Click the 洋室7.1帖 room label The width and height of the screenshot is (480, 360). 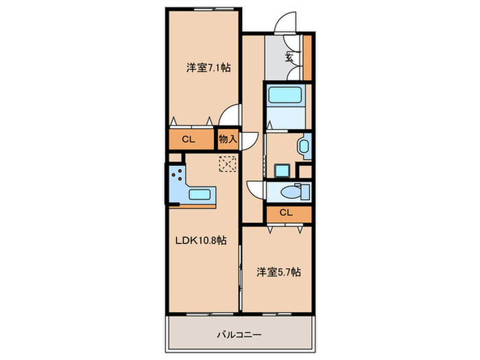tap(208, 67)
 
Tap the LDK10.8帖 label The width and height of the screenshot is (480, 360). tap(201, 240)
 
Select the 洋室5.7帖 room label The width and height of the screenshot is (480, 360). tap(278, 272)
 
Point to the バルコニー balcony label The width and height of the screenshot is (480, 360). tap(239, 335)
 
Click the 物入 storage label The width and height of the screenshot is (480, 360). tap(228, 139)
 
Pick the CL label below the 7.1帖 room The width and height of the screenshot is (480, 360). tap(189, 140)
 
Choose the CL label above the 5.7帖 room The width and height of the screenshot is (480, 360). tap(286, 213)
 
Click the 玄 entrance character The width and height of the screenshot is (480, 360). tap(289, 57)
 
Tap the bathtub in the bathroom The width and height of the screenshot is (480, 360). tap(285, 95)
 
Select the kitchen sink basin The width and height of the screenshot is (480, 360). tap(200, 195)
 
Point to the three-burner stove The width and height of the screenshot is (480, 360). tap(178, 174)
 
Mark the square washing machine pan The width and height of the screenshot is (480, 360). tap(283, 171)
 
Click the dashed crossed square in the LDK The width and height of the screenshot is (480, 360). tap(228, 164)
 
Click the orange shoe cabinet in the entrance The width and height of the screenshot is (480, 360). tap(307, 58)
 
